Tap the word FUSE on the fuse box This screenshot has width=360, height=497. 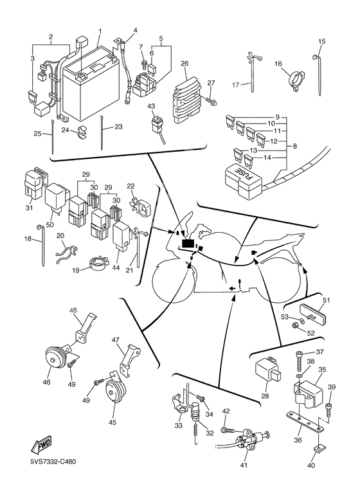pos(244,174)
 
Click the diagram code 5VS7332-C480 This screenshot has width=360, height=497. pos(53,462)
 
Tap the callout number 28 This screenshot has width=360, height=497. pos(265,396)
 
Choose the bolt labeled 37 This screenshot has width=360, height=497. pos(300,361)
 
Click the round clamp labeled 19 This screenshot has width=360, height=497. pos(98,264)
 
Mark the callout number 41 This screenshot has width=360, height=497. pos(244,465)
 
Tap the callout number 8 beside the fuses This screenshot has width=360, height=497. pos(294,146)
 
